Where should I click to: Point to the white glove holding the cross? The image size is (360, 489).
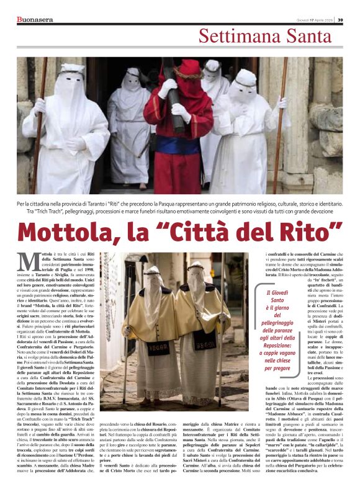(179, 112)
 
